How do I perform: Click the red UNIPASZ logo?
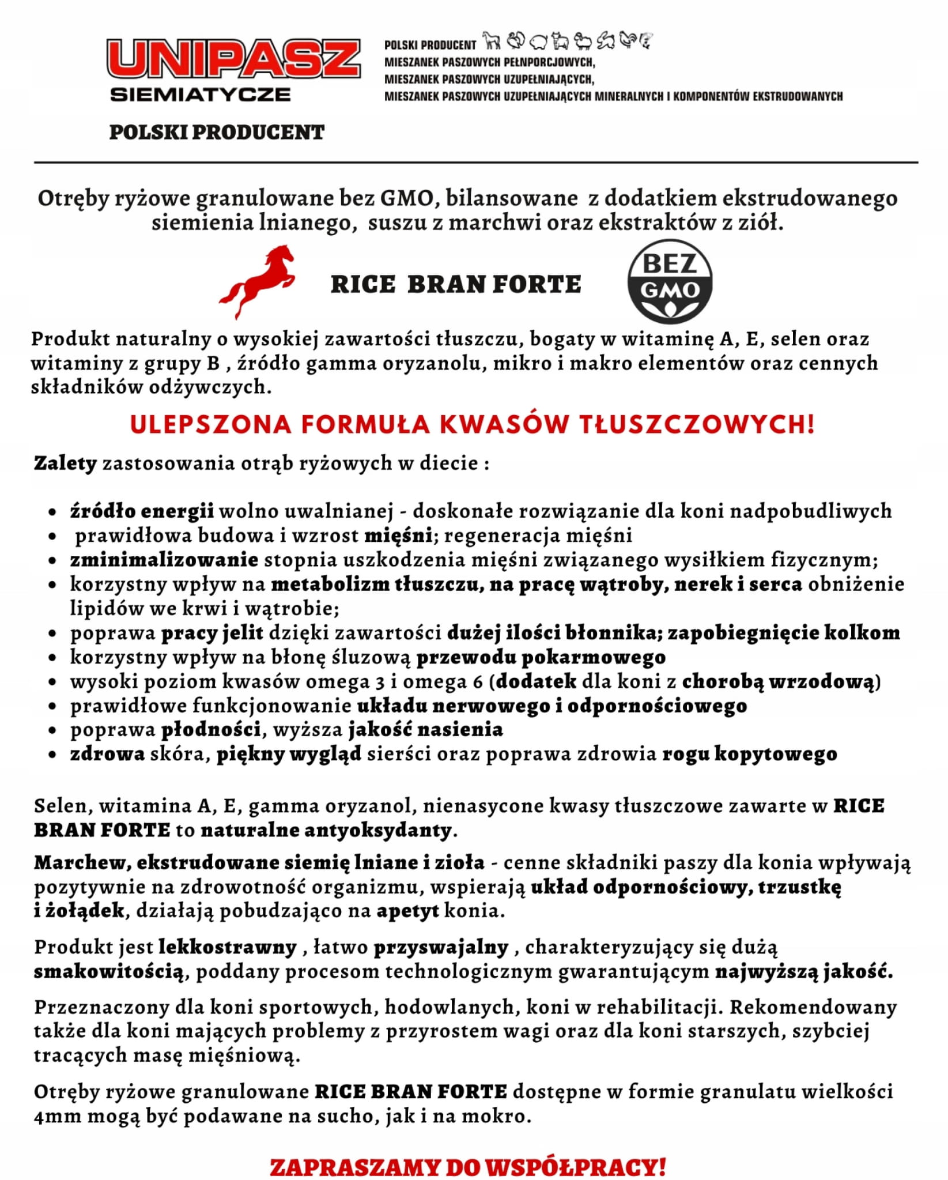pyautogui.click(x=233, y=59)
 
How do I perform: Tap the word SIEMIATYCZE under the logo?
pyautogui.click(x=200, y=95)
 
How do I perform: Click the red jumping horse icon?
pyautogui.click(x=257, y=281)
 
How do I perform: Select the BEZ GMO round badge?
pyautogui.click(x=670, y=281)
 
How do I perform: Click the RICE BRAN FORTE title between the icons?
pyautogui.click(x=456, y=284)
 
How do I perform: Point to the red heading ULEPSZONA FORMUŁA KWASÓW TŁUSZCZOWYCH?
pyautogui.click(x=473, y=424)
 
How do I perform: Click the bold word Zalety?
pyautogui.click(x=65, y=463)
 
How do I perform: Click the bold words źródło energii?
pyautogui.click(x=142, y=511)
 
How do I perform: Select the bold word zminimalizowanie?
pyautogui.click(x=164, y=559)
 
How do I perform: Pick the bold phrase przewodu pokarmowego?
pyautogui.click(x=541, y=657)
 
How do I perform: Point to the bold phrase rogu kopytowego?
pyautogui.click(x=749, y=753)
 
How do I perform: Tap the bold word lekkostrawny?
pyautogui.click(x=227, y=947)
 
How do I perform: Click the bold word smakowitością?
pyautogui.click(x=109, y=971)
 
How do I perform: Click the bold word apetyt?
pyautogui.click(x=407, y=911)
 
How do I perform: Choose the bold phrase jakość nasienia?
pyautogui.click(x=425, y=729)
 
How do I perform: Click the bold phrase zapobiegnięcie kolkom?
pyautogui.click(x=784, y=632)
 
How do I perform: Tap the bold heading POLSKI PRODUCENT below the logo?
pyautogui.click(x=217, y=133)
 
